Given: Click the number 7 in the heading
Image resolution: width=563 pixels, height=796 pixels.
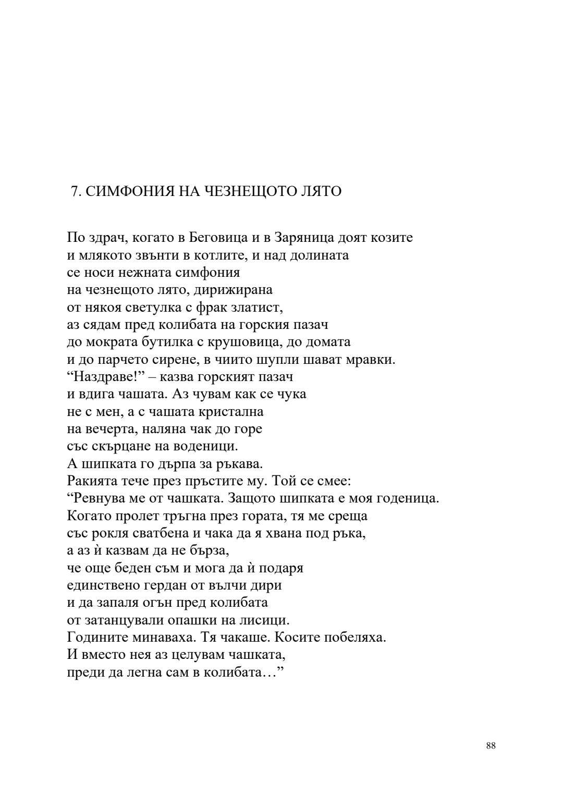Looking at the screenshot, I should pos(74,192).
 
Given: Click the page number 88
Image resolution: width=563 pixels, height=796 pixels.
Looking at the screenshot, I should pos(491,745).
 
